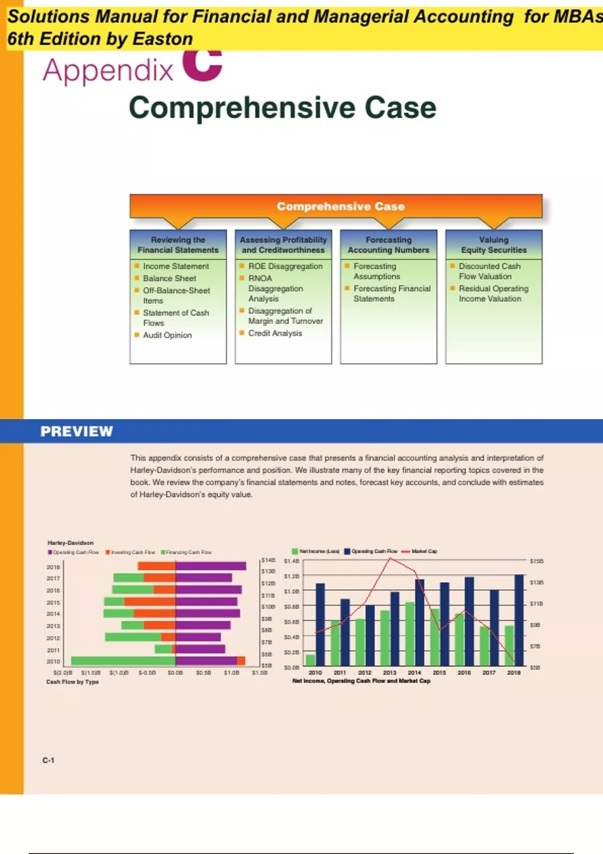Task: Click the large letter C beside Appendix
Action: (x=203, y=65)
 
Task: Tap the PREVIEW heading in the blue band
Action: (x=77, y=432)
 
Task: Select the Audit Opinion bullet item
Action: (x=167, y=335)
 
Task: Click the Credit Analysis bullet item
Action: (x=275, y=333)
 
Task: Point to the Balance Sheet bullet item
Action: (x=169, y=278)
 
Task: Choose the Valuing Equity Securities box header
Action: (x=493, y=245)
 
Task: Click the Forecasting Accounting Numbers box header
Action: (x=388, y=245)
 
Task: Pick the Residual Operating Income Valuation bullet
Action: (x=493, y=293)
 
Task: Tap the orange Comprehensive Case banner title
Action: (x=341, y=206)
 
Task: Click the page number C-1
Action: (x=49, y=761)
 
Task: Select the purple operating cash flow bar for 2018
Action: (x=211, y=566)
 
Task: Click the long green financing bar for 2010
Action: (x=123, y=661)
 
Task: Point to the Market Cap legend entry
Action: (x=424, y=551)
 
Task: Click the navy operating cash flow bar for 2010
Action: (x=320, y=624)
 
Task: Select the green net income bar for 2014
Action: (x=410, y=633)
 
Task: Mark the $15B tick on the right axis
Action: (x=537, y=561)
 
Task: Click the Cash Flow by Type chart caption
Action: (x=73, y=682)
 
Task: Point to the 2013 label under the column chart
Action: (x=389, y=673)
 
